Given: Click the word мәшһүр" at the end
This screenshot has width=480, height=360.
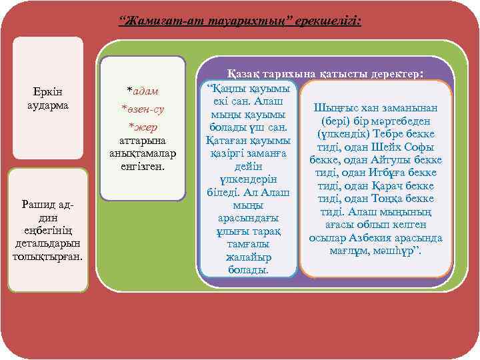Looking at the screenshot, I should [406, 251].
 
